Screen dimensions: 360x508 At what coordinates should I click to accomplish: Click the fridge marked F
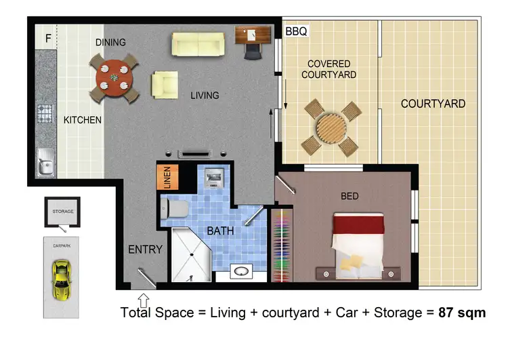pyautogui.click(x=47, y=38)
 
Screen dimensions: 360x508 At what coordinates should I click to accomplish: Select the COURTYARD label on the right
pyautogui.click(x=433, y=104)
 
